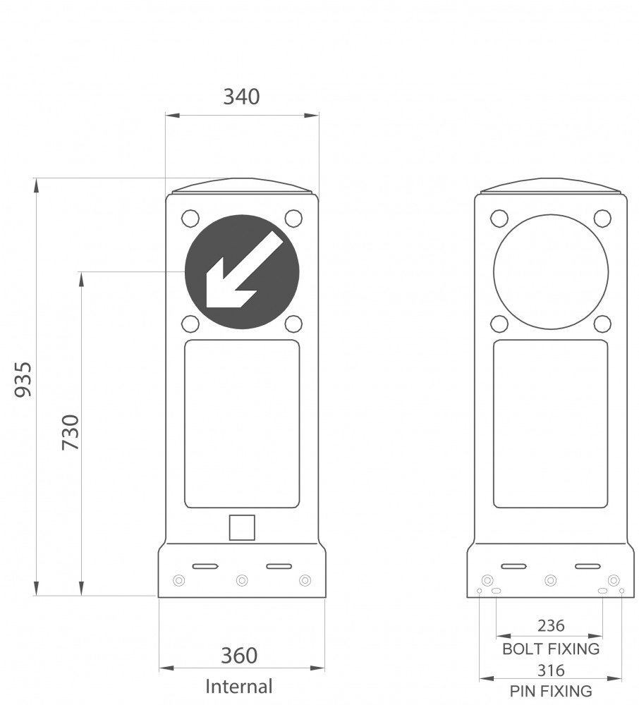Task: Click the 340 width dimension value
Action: coord(241,97)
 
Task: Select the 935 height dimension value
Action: coord(23,379)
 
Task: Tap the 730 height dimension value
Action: coord(71,432)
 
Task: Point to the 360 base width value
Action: coord(239,656)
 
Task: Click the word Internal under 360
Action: coord(239,687)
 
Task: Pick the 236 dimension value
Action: coord(551,625)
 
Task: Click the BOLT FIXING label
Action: coord(551,649)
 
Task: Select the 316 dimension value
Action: coord(551,670)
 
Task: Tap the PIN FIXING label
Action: coord(551,691)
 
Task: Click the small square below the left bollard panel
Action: coord(242,527)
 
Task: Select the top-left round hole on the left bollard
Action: coord(190,219)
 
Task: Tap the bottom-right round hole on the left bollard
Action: coord(293,324)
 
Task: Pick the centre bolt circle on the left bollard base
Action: coord(242,580)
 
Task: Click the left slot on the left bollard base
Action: coord(205,566)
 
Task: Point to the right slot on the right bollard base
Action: coord(588,566)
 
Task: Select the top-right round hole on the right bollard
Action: coord(602,219)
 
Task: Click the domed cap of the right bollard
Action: coord(551,186)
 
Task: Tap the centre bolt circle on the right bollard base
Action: coord(550,580)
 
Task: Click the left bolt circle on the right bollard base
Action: coord(487,580)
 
